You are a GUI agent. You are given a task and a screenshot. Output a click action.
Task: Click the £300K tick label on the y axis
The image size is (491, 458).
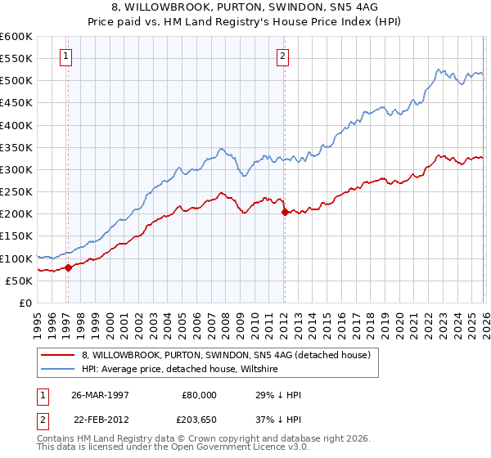click(x=16, y=170)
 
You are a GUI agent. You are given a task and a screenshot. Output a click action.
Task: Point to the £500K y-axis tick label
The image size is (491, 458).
click(x=16, y=81)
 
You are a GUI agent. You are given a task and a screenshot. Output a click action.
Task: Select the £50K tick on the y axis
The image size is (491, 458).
click(x=19, y=281)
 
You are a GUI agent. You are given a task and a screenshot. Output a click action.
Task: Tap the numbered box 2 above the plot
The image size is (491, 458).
click(x=282, y=56)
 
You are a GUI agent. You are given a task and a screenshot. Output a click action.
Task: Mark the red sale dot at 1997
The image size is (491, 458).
click(x=69, y=267)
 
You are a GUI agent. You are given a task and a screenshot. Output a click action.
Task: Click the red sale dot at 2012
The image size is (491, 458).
click(x=284, y=212)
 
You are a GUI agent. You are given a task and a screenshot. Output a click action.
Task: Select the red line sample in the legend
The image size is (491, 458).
click(x=58, y=355)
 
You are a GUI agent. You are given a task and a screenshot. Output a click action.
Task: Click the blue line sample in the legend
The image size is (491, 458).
click(x=58, y=369)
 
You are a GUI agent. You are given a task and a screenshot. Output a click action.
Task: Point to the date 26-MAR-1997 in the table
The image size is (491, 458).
click(x=101, y=394)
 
